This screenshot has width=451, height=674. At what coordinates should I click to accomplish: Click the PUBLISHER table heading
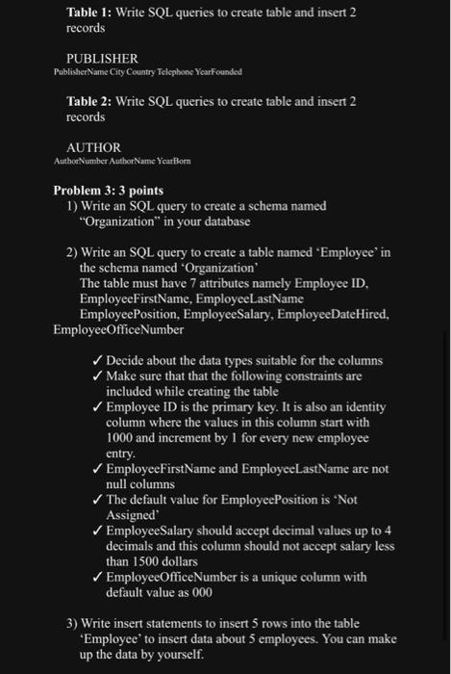[101, 58]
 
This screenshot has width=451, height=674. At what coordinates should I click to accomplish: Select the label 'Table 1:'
[88, 12]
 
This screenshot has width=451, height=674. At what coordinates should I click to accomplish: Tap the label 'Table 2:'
[88, 101]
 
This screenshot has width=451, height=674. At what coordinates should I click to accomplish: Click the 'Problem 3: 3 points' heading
[108, 191]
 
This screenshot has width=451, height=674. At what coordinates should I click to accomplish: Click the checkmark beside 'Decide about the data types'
[95, 360]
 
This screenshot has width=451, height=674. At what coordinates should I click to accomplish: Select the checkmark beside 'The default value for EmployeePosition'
[95, 500]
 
